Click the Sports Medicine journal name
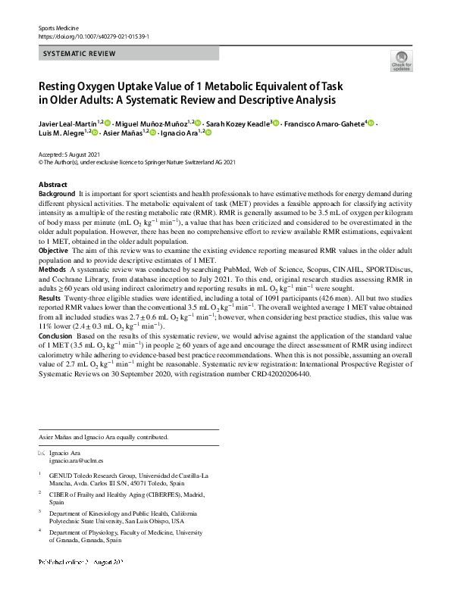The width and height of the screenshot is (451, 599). [58, 28]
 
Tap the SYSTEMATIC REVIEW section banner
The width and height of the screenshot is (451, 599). [80, 54]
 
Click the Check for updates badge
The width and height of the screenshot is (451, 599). [400, 62]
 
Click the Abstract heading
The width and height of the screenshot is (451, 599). [52, 185]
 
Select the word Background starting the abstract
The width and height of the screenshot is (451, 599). [57, 195]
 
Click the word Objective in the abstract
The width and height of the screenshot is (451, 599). [54, 250]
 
